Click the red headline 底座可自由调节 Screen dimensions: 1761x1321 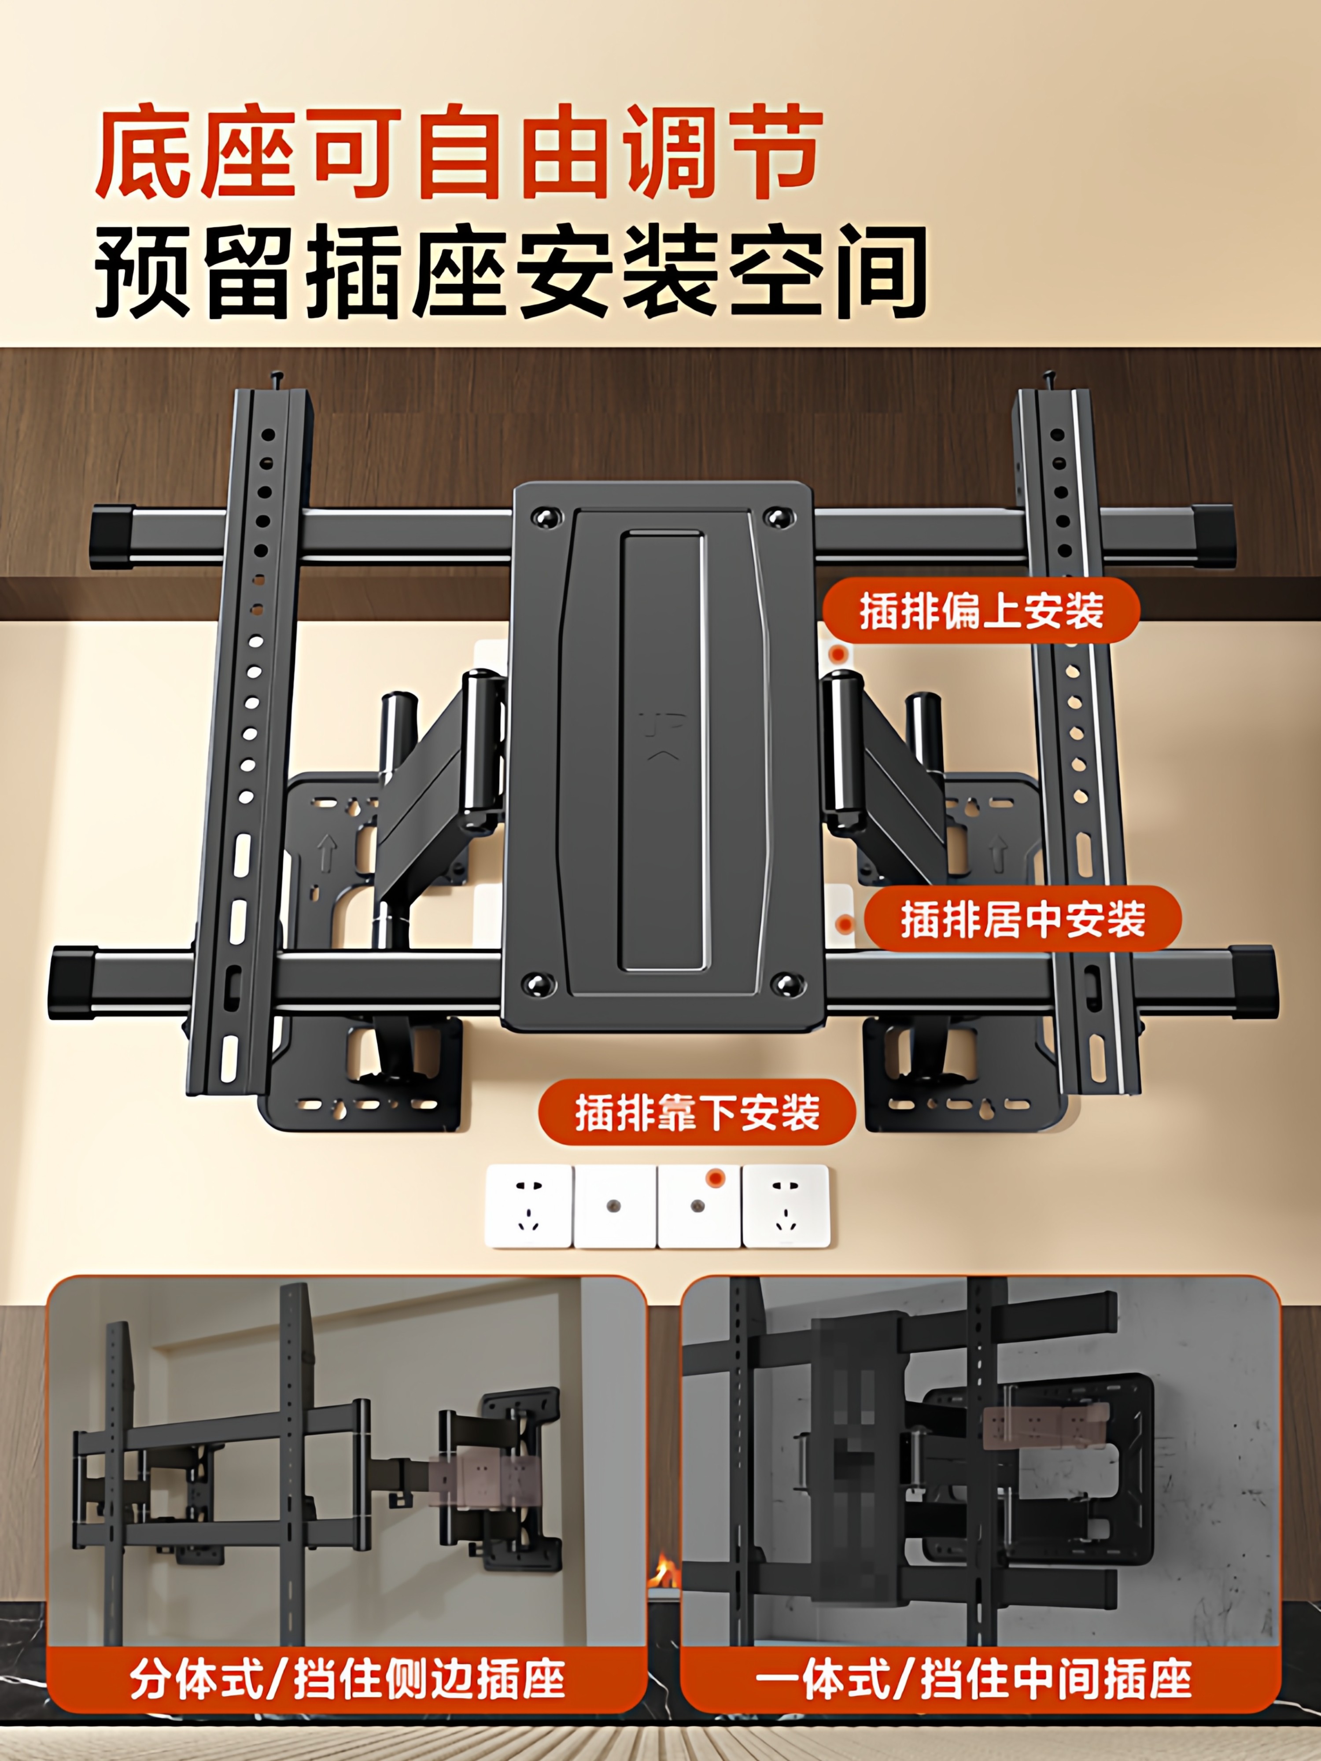tap(458, 151)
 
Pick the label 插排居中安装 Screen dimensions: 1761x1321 tap(1022, 920)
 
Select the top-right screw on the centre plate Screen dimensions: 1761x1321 tap(777, 517)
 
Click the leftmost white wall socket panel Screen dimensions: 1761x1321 tap(528, 1206)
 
